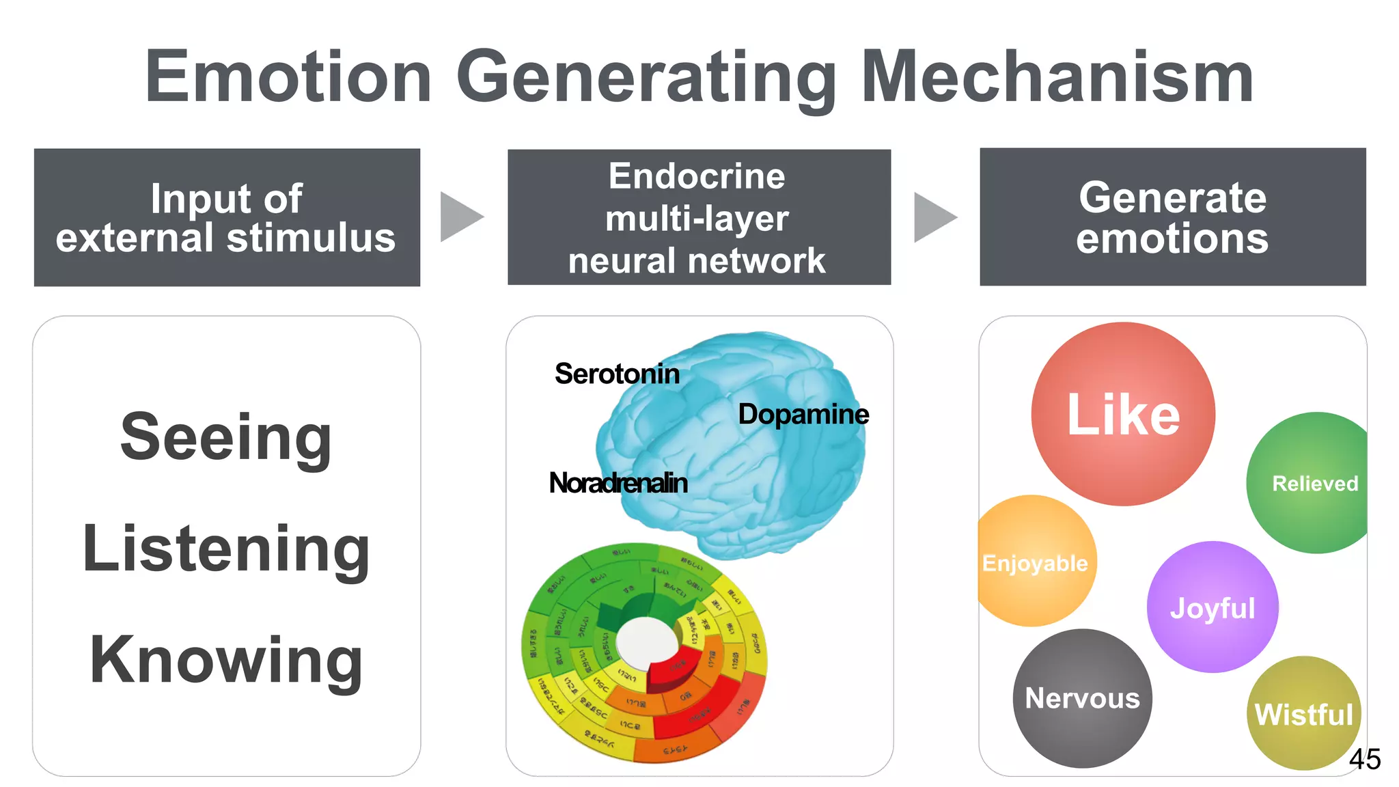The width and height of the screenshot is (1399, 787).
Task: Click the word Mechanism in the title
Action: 1057,77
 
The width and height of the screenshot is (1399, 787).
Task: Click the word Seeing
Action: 226,437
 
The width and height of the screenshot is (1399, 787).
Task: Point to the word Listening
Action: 226,549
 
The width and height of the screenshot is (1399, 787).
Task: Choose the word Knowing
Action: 226,660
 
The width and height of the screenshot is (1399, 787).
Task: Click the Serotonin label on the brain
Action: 617,374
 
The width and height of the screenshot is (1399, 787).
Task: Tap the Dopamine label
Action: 803,414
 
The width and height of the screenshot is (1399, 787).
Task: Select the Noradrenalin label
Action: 618,483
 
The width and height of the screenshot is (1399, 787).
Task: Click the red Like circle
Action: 1123,414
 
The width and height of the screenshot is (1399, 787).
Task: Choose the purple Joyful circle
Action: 1213,607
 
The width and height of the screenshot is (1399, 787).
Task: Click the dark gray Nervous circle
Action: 1082,698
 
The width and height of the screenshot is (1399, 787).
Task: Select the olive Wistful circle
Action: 1303,714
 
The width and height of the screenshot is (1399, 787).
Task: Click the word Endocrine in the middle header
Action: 697,176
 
